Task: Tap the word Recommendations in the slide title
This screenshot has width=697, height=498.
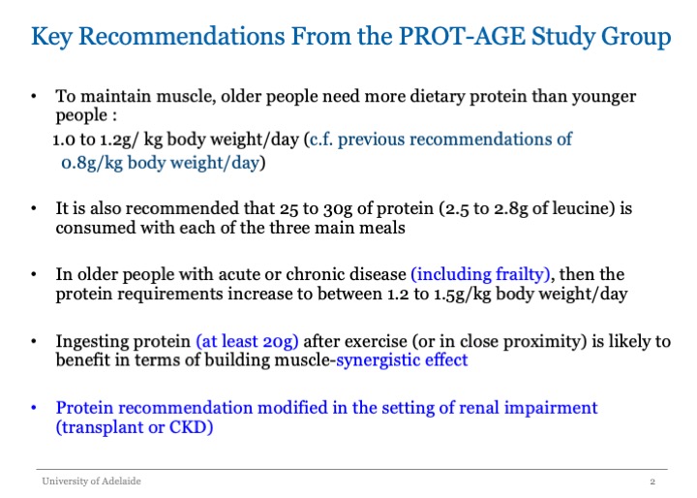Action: pyautogui.click(x=181, y=36)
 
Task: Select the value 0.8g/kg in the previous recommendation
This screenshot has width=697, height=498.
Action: pyautogui.click(x=92, y=164)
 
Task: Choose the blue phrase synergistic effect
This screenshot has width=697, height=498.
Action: pyautogui.click(x=402, y=359)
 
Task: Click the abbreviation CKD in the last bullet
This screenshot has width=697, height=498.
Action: pyautogui.click(x=188, y=427)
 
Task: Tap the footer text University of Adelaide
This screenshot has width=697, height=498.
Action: pyautogui.click(x=91, y=482)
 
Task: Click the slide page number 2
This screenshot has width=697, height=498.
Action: pyautogui.click(x=652, y=482)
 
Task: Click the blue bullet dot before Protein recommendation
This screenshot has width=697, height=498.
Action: pyautogui.click(x=34, y=408)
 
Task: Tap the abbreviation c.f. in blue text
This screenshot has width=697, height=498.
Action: pyautogui.click(x=321, y=140)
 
